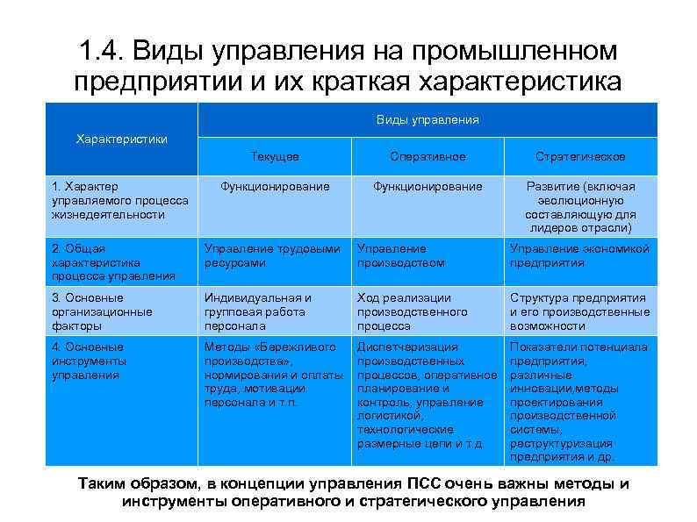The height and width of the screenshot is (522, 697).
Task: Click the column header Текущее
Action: [275, 156]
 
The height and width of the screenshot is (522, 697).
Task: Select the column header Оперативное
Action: [428, 156]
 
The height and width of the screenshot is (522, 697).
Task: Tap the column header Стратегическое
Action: [580, 156]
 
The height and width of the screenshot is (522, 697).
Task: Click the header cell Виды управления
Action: [428, 119]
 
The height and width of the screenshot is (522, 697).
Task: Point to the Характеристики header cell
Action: [122, 139]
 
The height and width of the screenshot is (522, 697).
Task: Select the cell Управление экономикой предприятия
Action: [580, 255]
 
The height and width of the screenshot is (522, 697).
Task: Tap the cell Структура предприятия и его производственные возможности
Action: [580, 311]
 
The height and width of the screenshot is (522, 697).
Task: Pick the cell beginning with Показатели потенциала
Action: [580, 402]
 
